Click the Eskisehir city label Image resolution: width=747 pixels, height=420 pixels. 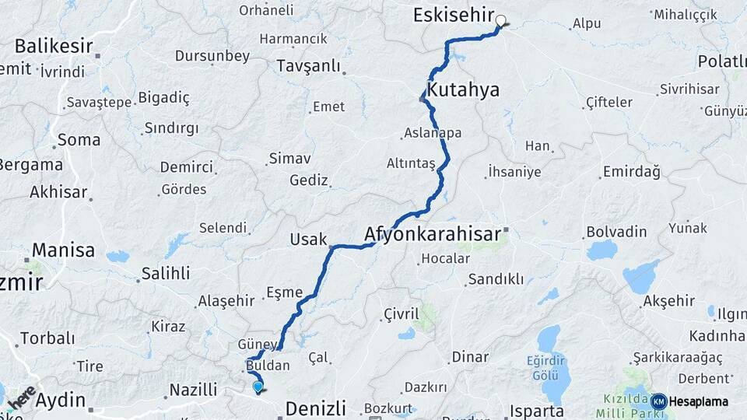coord(453,15)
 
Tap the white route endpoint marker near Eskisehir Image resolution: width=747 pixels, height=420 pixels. coord(500,22)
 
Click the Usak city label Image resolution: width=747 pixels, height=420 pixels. coord(308,239)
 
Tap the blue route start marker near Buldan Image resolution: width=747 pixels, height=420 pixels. coord(258,386)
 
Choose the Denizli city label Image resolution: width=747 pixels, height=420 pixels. coord(315,408)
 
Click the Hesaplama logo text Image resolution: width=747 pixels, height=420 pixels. coord(700,401)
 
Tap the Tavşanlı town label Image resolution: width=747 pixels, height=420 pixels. coord(309,67)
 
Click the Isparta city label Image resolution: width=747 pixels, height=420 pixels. coord(536,411)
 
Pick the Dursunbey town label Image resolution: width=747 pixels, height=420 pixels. coord(212,56)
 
